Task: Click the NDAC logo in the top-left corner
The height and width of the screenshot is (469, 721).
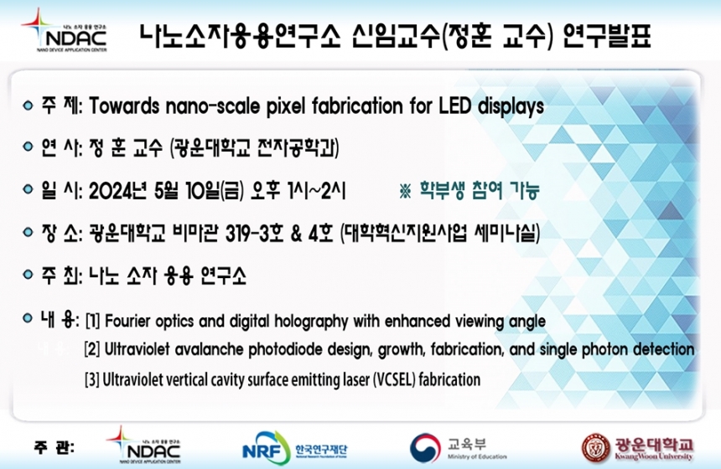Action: [64, 31]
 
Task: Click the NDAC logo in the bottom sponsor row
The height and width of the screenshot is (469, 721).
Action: [144, 445]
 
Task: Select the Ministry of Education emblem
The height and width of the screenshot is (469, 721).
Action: [425, 447]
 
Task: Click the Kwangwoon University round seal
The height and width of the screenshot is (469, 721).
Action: [596, 448]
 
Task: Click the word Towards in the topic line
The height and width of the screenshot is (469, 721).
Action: [124, 106]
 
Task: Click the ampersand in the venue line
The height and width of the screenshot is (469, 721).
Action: [296, 234]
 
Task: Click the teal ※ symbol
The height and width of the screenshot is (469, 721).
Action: [405, 191]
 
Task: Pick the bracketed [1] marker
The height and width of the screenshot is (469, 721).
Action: [92, 321]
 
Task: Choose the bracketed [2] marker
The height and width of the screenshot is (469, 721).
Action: [92, 349]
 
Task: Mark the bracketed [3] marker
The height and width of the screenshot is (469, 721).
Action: [91, 380]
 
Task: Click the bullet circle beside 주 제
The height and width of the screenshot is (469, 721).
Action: [28, 106]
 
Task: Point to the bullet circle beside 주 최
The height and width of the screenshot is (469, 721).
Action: [28, 275]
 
